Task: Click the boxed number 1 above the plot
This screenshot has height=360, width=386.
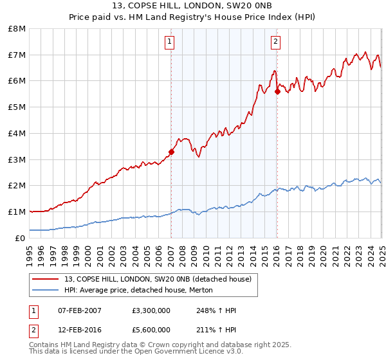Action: tap(169, 42)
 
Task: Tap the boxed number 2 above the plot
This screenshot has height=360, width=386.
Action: tap(275, 42)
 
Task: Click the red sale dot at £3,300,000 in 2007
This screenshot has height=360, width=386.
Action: tap(171, 152)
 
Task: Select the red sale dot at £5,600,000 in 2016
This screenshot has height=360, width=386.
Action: tap(277, 91)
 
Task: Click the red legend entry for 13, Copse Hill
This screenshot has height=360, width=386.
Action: tap(158, 279)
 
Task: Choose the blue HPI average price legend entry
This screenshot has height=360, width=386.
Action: tap(138, 291)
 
